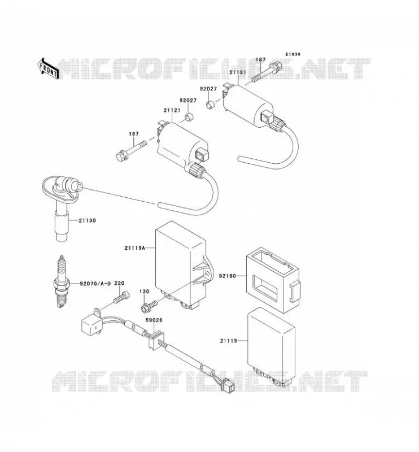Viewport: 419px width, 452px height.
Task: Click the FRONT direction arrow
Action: tap(48, 68)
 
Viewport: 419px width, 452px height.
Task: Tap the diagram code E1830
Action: tap(293, 54)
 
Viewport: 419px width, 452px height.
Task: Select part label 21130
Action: tap(88, 220)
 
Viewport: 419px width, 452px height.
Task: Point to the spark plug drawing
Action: tap(61, 281)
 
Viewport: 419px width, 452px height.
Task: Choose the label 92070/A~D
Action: tap(95, 284)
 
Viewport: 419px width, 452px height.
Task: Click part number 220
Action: tap(119, 283)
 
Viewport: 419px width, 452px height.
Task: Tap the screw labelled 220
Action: tap(121, 297)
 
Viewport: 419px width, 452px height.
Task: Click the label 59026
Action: tap(154, 320)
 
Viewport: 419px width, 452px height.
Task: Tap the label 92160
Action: tap(228, 276)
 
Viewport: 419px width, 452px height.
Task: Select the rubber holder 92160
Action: tap(273, 280)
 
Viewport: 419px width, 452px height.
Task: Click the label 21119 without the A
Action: tap(229, 341)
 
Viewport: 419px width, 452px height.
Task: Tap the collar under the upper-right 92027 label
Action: tap(211, 104)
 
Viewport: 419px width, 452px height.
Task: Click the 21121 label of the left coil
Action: tap(172, 110)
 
